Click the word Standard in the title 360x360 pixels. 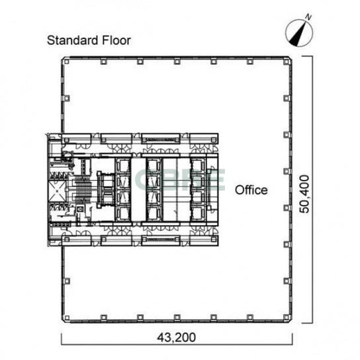[73, 40]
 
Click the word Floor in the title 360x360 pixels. [116, 40]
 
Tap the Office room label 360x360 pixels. [251, 190]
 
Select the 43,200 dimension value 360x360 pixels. [176, 337]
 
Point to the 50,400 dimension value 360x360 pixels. [304, 194]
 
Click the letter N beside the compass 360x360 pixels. [308, 17]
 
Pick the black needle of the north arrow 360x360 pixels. [298, 34]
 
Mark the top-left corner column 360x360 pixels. [66, 62]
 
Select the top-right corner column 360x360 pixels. [286, 62]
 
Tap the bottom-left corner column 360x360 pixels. [67, 318]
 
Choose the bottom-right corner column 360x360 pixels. [286, 318]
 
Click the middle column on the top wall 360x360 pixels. [177, 62]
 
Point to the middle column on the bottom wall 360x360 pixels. [177, 318]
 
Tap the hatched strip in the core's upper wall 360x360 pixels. [161, 140]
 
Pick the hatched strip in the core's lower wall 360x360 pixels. [161, 240]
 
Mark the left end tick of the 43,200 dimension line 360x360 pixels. [62, 339]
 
